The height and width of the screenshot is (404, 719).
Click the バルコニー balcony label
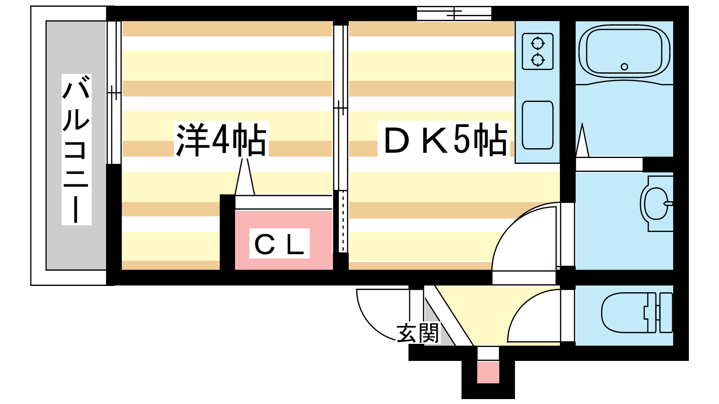(76, 150)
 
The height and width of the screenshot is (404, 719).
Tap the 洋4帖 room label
(221, 139)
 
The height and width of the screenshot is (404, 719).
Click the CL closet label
(279, 244)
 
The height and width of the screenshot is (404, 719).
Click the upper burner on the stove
(537, 44)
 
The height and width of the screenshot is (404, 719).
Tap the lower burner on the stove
(537, 59)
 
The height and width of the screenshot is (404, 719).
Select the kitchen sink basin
(537, 125)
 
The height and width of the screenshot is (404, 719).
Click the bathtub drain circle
(624, 67)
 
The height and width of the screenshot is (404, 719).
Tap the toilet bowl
(624, 312)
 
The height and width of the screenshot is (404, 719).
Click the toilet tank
(665, 312)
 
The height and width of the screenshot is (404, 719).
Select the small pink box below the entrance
(488, 372)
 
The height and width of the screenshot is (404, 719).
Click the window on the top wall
(454, 13)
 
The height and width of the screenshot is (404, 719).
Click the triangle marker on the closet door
(244, 177)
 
